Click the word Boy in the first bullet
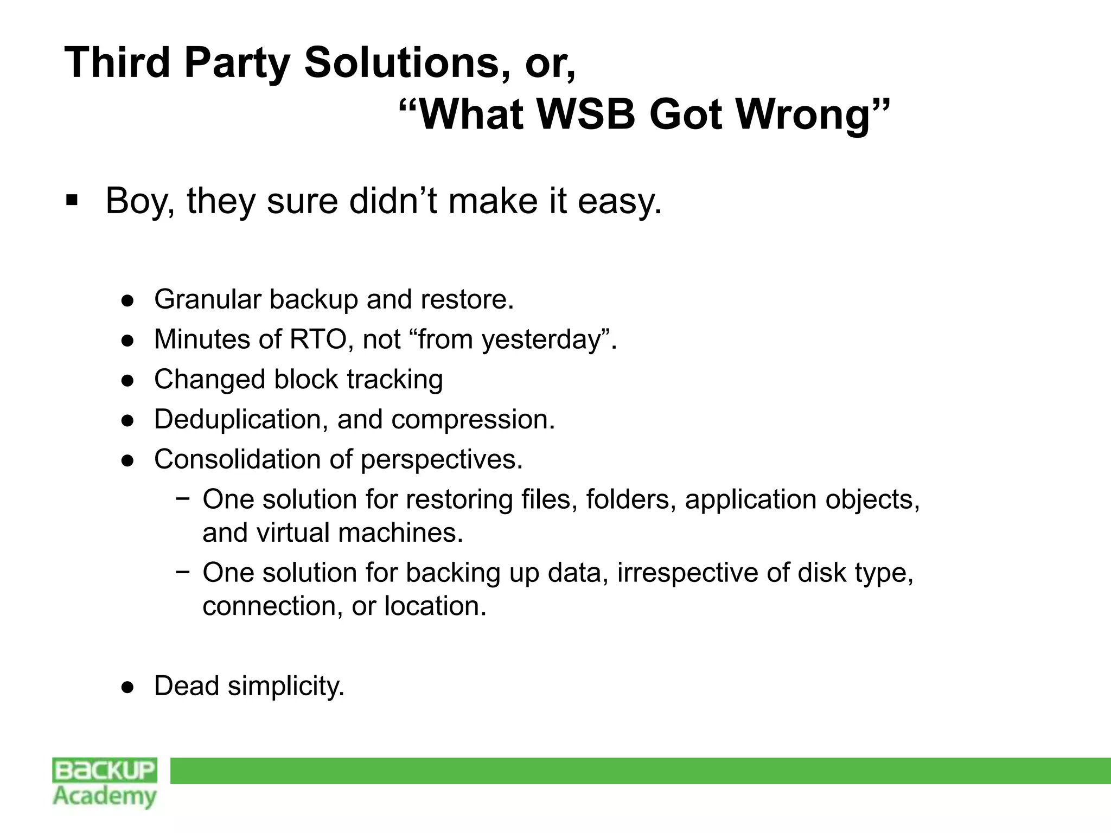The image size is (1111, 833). coord(139,202)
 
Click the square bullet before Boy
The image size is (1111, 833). coord(71,201)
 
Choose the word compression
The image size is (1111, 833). coord(473,420)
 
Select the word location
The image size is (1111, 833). coord(435,606)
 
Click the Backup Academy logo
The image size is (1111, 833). coord(105,783)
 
